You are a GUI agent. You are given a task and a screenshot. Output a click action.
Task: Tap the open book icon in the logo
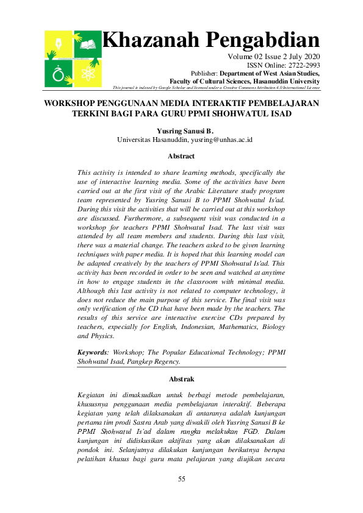[x=88, y=44]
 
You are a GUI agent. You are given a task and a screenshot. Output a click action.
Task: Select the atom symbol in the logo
[x=89, y=74]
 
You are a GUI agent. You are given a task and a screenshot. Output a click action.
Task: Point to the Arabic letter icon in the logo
[x=59, y=74]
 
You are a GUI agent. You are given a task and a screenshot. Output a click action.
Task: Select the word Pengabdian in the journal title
[x=262, y=40]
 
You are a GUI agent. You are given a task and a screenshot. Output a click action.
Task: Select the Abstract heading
[x=181, y=156]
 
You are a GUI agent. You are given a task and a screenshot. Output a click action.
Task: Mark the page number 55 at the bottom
[x=181, y=479]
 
